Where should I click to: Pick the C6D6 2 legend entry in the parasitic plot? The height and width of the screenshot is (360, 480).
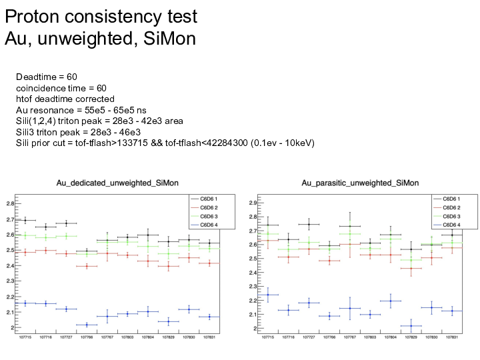tap(446, 207)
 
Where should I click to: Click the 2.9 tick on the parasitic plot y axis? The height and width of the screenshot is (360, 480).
tap(250, 202)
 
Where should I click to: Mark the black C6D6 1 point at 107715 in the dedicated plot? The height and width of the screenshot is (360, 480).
tap(25, 220)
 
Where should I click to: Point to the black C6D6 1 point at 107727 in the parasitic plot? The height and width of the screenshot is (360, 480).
tap(309, 224)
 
